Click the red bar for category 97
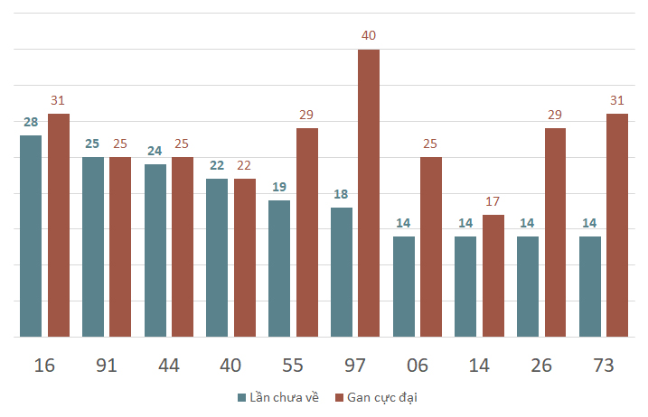(x=369, y=193)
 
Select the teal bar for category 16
(x=31, y=236)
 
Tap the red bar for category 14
(x=493, y=276)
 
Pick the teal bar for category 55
(x=279, y=269)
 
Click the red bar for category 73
(x=617, y=226)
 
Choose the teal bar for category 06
(x=404, y=287)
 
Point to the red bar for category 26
(x=556, y=233)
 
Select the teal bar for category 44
(x=155, y=251)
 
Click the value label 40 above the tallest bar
(x=369, y=35)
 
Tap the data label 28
(x=31, y=122)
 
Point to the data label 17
(x=493, y=201)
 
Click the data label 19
(x=279, y=187)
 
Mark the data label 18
(x=341, y=194)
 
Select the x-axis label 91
(x=107, y=366)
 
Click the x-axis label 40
(x=230, y=366)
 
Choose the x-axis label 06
(x=418, y=366)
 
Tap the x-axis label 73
(x=604, y=366)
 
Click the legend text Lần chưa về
(x=285, y=397)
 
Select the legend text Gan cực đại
(x=382, y=398)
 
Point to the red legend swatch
(x=339, y=398)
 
